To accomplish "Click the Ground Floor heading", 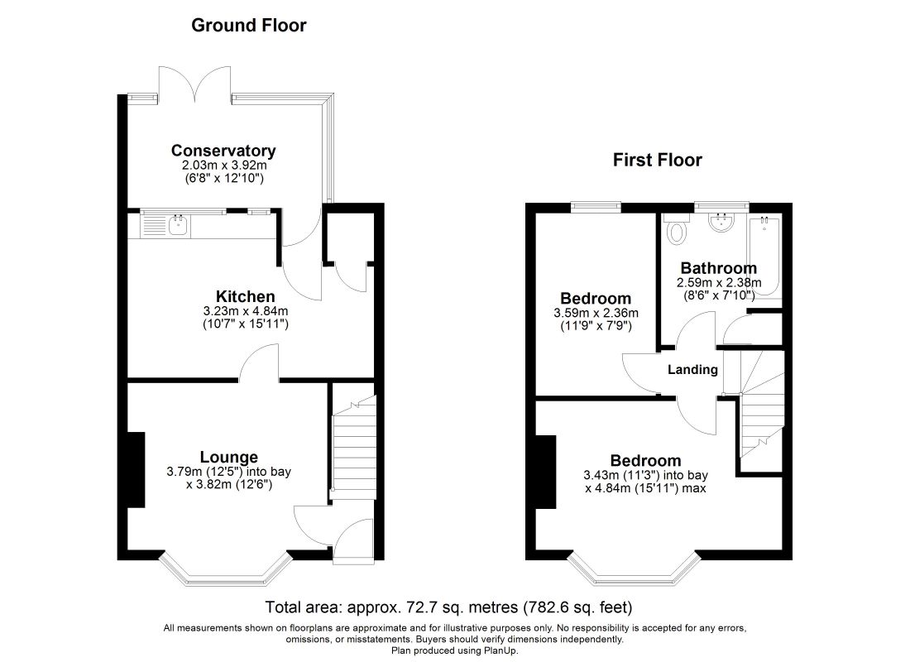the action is tap(248, 25).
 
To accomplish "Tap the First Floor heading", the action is tap(658, 160).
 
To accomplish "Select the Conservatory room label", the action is tap(223, 151).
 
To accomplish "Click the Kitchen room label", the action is tap(246, 296).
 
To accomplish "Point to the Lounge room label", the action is tap(229, 457).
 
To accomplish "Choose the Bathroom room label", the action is tap(718, 268).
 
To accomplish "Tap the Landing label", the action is tap(692, 369).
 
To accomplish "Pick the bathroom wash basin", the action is tap(721, 223).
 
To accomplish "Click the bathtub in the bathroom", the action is tap(765, 256).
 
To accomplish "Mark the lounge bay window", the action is tap(225, 569).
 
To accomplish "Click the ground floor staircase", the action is tap(354, 447).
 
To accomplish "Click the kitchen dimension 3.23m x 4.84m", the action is tap(246, 311).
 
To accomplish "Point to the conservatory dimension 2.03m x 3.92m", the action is tap(224, 165).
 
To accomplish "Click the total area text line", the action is tap(448, 607).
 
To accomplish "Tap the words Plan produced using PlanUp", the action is tap(455, 650).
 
